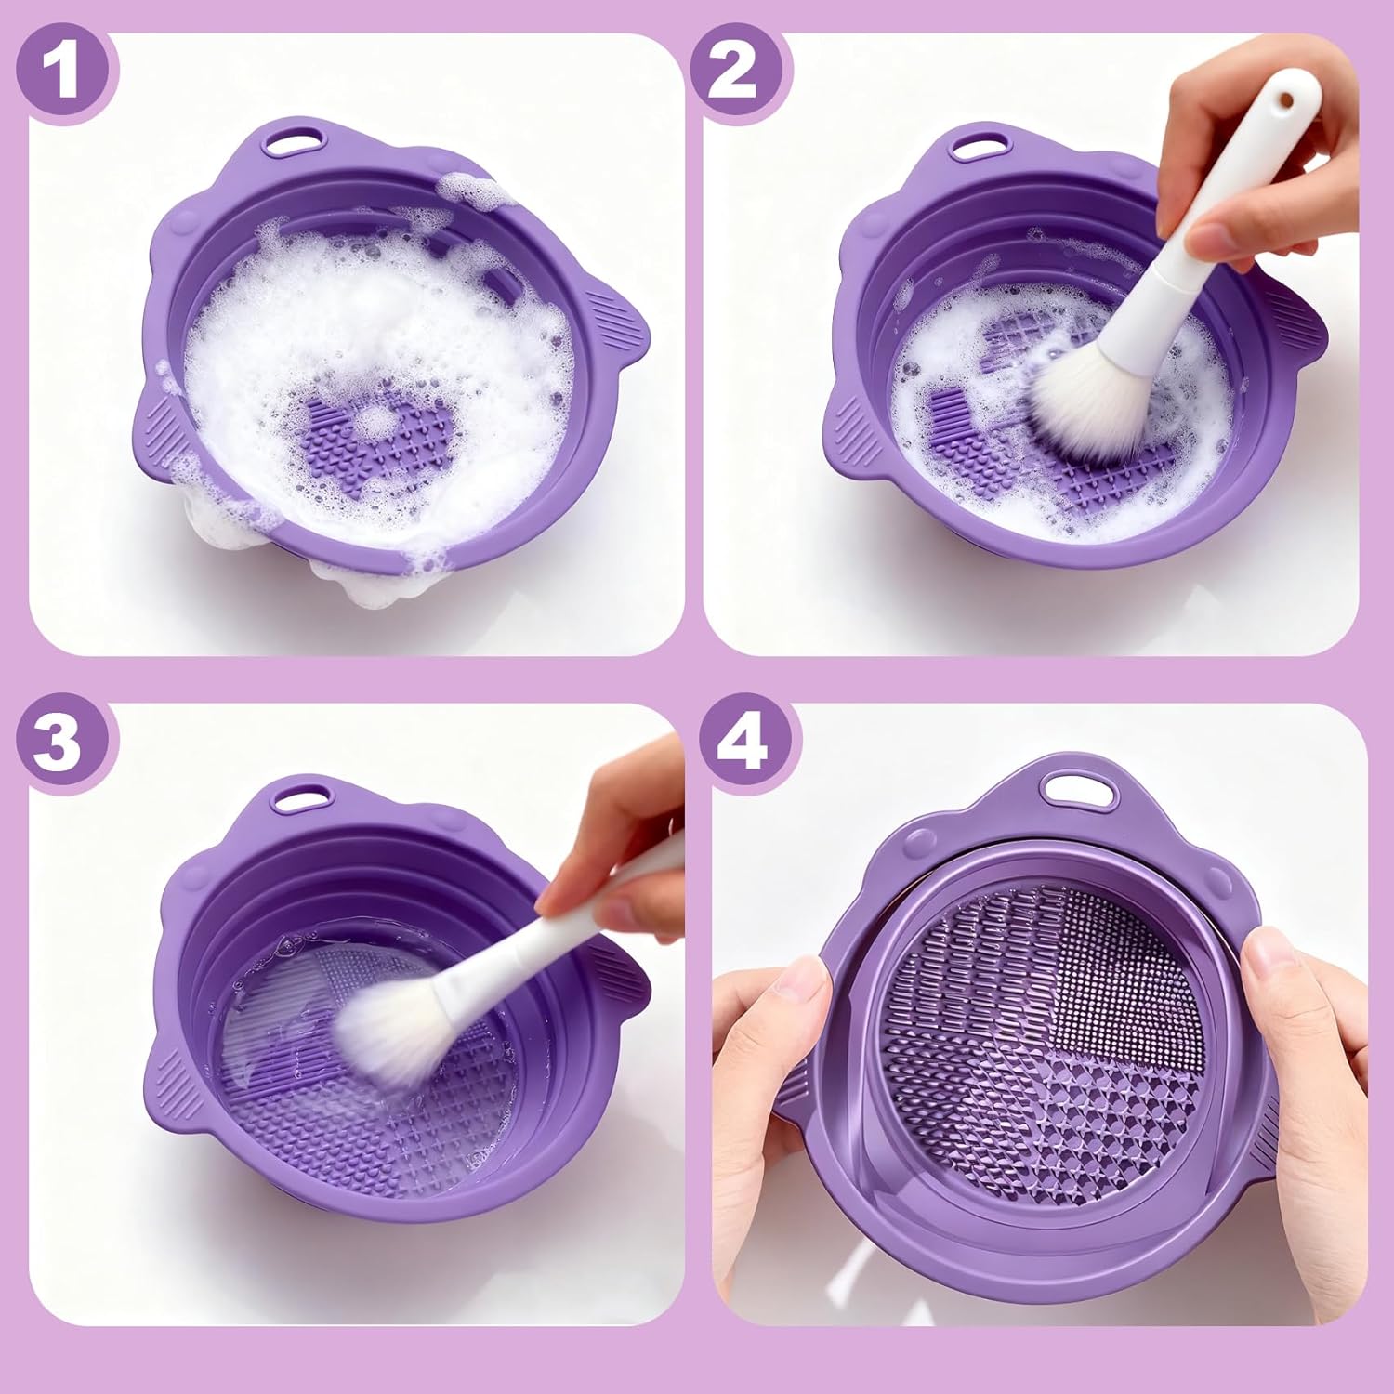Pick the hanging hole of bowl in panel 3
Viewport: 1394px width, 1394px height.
click(x=297, y=797)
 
